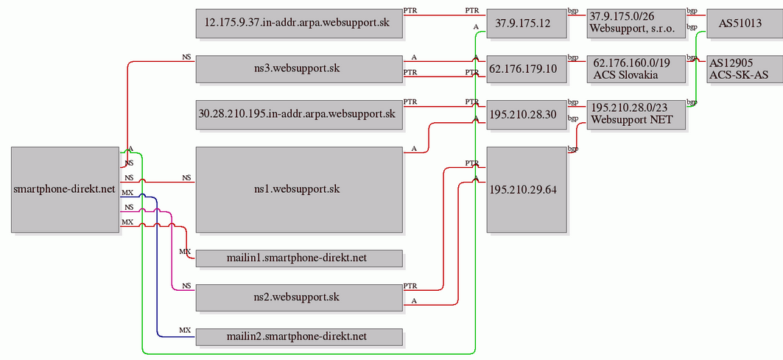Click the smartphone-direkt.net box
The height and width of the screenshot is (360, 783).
(x=66, y=190)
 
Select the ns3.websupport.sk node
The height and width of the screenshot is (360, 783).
(x=299, y=69)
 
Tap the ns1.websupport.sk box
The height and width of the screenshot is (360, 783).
(x=299, y=190)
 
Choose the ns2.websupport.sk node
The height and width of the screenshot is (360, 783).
(x=299, y=297)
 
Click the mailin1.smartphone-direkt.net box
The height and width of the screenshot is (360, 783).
(x=299, y=258)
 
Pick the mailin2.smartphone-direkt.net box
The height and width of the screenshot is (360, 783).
(x=299, y=337)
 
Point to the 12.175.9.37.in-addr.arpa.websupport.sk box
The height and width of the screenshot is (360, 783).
(x=299, y=24)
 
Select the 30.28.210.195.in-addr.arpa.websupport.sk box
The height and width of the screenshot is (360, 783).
(x=299, y=115)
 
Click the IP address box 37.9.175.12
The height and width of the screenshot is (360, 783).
(x=527, y=24)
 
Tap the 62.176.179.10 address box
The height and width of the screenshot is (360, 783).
(x=527, y=69)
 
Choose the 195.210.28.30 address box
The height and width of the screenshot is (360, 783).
(x=527, y=115)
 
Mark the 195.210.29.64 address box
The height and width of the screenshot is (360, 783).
(x=527, y=190)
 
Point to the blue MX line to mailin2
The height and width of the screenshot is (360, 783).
(x=157, y=264)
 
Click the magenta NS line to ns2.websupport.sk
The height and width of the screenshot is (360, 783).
(x=172, y=250)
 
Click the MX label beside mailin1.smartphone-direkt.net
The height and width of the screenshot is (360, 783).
(x=185, y=251)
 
